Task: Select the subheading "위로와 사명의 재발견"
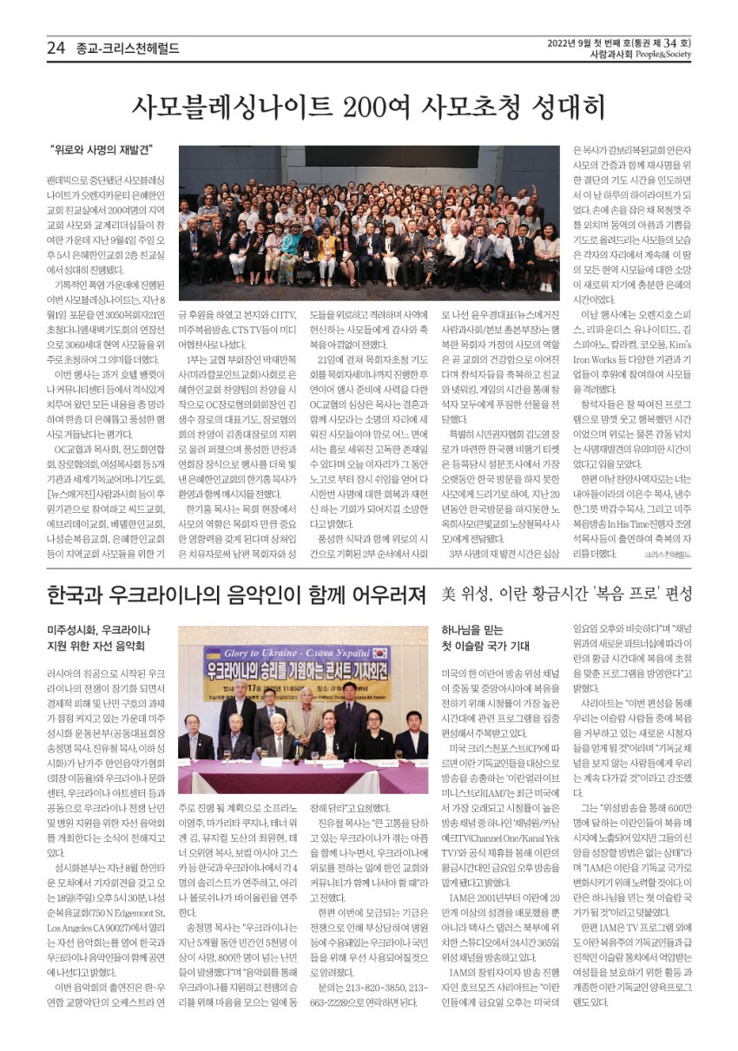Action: [102, 149]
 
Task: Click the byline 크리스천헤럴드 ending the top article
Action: [667, 552]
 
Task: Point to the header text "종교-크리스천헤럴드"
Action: [128, 49]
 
